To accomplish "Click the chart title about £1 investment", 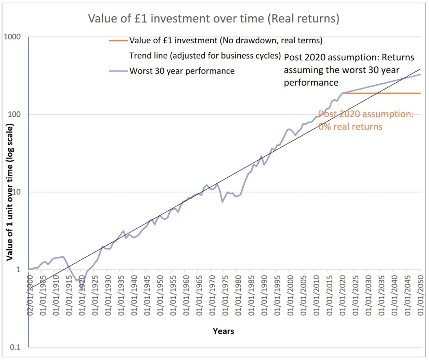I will [x=214, y=18].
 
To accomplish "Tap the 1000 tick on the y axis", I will [x=12, y=37].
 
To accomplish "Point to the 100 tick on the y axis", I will [x=14, y=114].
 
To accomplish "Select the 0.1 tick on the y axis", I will [x=15, y=347].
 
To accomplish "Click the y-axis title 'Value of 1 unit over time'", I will [x=10, y=192].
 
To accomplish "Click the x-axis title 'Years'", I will [x=223, y=331].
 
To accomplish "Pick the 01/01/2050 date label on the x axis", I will [x=420, y=295].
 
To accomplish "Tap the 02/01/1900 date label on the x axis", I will [x=30, y=295].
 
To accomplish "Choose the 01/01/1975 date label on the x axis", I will [x=225, y=295].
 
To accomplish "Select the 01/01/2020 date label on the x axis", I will [x=342, y=295].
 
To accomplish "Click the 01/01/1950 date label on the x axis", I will [x=160, y=295].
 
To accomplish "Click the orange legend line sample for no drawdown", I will [x=118, y=40].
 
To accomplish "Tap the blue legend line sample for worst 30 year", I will [x=118, y=71].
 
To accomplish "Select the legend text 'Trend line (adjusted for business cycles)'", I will [x=205, y=56].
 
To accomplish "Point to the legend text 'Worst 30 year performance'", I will [x=182, y=71].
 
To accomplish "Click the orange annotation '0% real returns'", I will [x=350, y=127].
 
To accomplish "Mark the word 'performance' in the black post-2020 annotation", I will [x=311, y=83].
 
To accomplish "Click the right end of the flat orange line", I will [x=420, y=93].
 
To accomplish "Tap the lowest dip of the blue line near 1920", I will [x=82, y=289].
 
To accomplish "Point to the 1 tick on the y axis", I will [x=18, y=270].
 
